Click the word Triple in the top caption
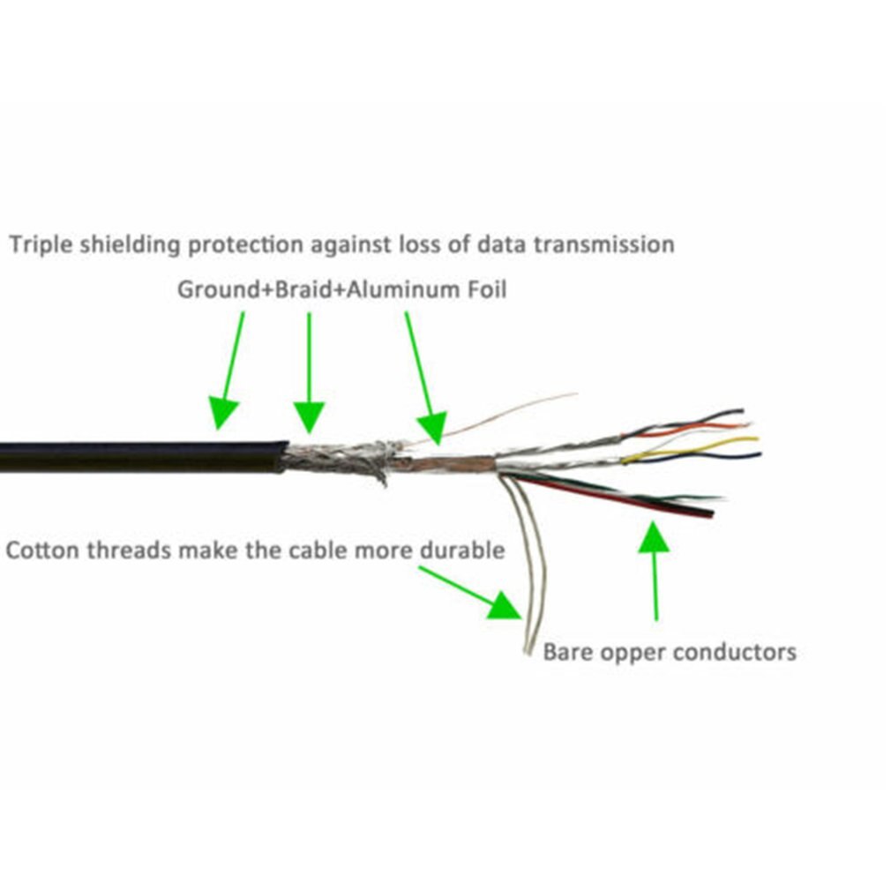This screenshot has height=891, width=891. coord(41,244)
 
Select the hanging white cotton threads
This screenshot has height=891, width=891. coord(529,573)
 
